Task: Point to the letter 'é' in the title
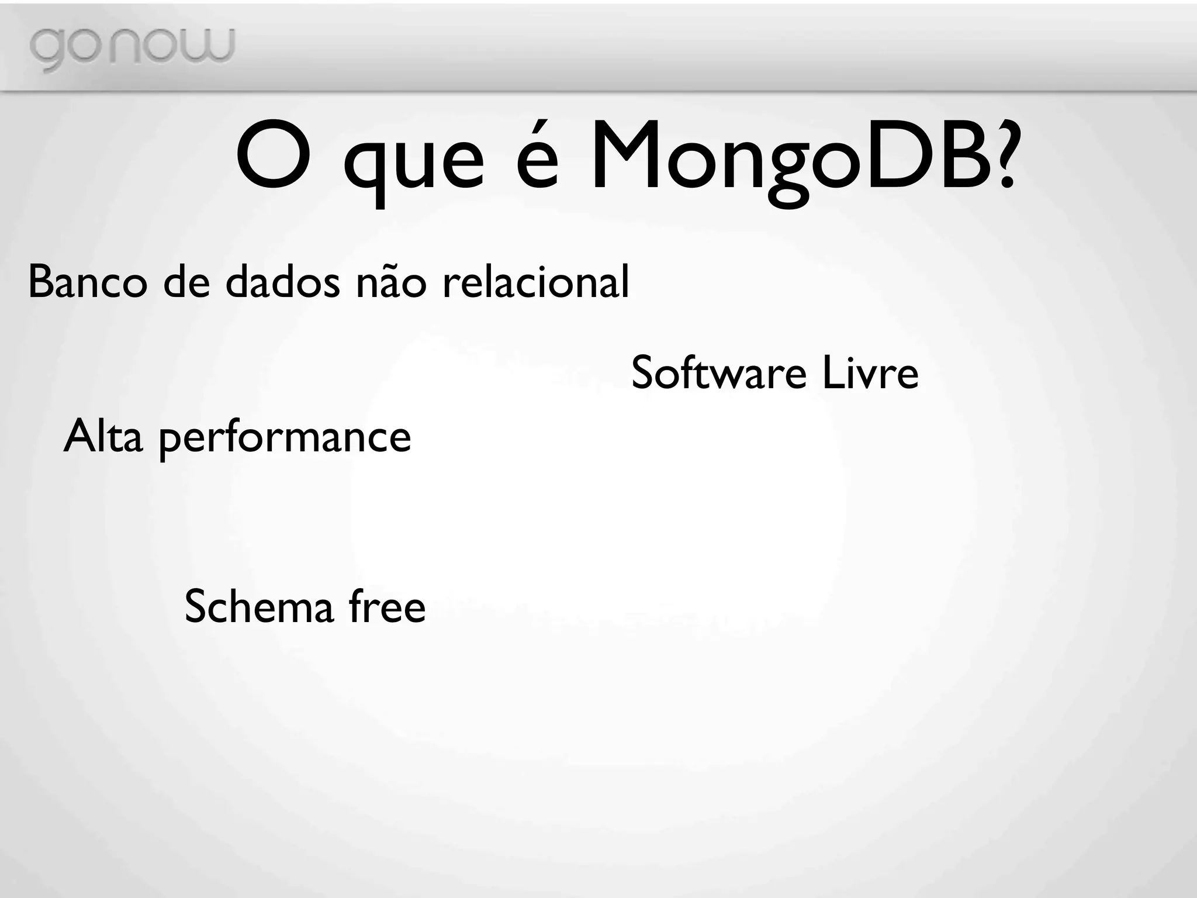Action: [x=537, y=158]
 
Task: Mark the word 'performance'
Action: [x=285, y=440]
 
